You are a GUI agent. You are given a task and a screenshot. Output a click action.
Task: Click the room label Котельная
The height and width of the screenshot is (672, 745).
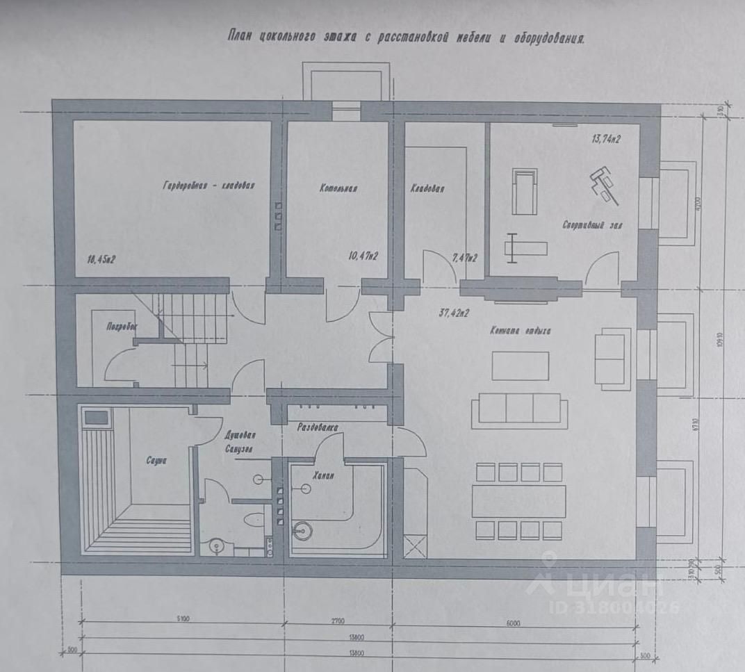pos(338,188)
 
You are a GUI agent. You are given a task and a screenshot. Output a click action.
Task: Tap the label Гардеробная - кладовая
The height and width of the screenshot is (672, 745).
pos(209,186)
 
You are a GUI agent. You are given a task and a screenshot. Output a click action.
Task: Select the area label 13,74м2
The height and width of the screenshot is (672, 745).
pos(606,139)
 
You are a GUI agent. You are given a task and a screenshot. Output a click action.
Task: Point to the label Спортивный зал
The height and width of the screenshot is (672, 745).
pos(592,226)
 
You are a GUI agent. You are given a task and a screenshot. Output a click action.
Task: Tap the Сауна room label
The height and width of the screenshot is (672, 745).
pos(156,460)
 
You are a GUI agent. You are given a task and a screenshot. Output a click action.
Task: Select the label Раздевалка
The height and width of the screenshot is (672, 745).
pos(318,429)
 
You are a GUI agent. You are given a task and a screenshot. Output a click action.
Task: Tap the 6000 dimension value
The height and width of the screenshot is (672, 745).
pos(513,623)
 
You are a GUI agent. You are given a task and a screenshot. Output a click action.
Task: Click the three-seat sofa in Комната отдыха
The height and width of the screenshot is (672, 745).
pos(516,409)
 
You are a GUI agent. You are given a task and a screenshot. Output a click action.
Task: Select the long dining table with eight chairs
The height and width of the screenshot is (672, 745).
pos(518,500)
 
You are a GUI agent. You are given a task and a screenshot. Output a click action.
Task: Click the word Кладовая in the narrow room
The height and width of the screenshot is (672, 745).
pos(427,188)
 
